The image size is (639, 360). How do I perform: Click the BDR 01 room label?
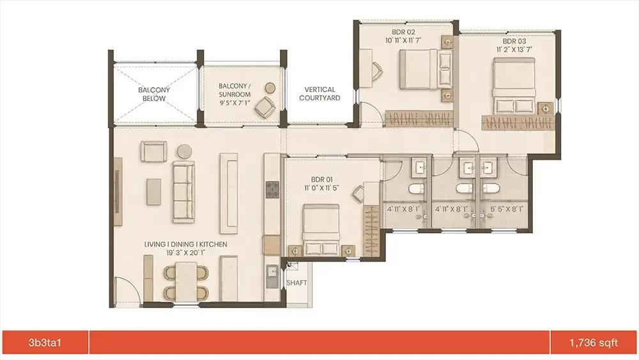321,180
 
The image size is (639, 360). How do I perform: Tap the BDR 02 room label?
403,32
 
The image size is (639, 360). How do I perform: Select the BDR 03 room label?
514,41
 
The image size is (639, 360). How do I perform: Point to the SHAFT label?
296,283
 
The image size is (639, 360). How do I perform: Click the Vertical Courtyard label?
320,94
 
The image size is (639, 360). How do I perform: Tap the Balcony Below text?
154,94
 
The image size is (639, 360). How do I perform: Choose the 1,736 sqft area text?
594,343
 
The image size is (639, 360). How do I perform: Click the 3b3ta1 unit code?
45,343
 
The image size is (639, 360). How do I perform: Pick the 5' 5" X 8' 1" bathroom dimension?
507,209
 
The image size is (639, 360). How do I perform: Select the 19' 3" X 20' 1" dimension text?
185,253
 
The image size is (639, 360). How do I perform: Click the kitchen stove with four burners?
272,189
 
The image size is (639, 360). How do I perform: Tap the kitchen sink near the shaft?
272,276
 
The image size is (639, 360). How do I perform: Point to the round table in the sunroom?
270,88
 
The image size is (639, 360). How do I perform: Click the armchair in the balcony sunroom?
265,107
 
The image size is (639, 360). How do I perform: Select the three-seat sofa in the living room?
183,192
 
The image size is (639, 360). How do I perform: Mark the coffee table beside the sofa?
153,192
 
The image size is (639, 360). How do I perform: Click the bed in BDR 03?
514,86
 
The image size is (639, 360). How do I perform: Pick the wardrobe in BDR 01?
371,231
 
